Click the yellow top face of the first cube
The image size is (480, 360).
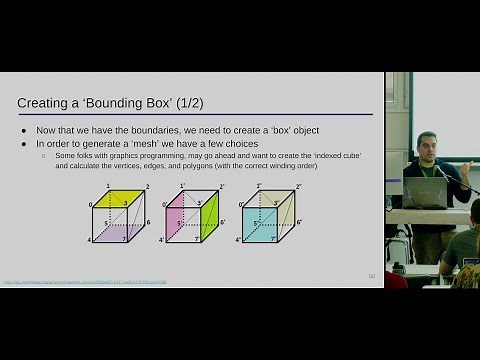click(x=118, y=195)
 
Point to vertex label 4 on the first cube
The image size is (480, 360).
click(x=88, y=240)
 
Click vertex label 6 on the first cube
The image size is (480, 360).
click(x=148, y=222)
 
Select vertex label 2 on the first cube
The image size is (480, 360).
click(x=147, y=187)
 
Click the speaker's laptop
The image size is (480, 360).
click(x=424, y=192)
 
